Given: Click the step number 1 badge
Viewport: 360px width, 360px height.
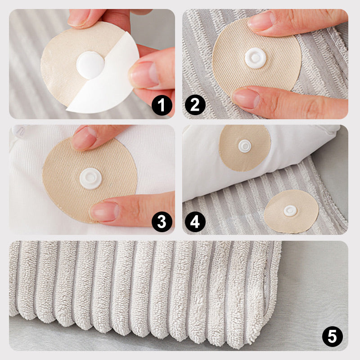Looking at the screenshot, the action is pos(162,105).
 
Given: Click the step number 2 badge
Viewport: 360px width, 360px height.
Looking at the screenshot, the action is pos(195,105).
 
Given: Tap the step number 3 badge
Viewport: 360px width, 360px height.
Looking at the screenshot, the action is pos(162,222).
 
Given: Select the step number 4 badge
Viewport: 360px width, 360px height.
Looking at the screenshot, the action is pos(195,222).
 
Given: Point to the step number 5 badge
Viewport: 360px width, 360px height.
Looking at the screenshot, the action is pos(333,336).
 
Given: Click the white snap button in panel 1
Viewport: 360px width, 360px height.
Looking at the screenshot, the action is pos(90,65).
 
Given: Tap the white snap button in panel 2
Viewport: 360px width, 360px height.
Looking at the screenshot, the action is pos(255,58).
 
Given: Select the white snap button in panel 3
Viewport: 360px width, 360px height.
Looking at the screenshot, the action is pos(91,179).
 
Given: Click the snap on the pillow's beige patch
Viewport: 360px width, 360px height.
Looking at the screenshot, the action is pos(244,146).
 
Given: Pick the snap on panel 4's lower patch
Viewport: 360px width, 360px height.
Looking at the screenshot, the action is pos(290,211).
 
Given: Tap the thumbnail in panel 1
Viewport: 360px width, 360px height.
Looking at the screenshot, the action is pos(144,75).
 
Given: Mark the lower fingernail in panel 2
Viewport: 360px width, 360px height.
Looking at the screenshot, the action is pos(246,99).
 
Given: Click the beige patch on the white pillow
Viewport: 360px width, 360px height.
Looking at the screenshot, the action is pos(245,148).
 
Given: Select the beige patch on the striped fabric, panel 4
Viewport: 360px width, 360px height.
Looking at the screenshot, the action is pos(291,211).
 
